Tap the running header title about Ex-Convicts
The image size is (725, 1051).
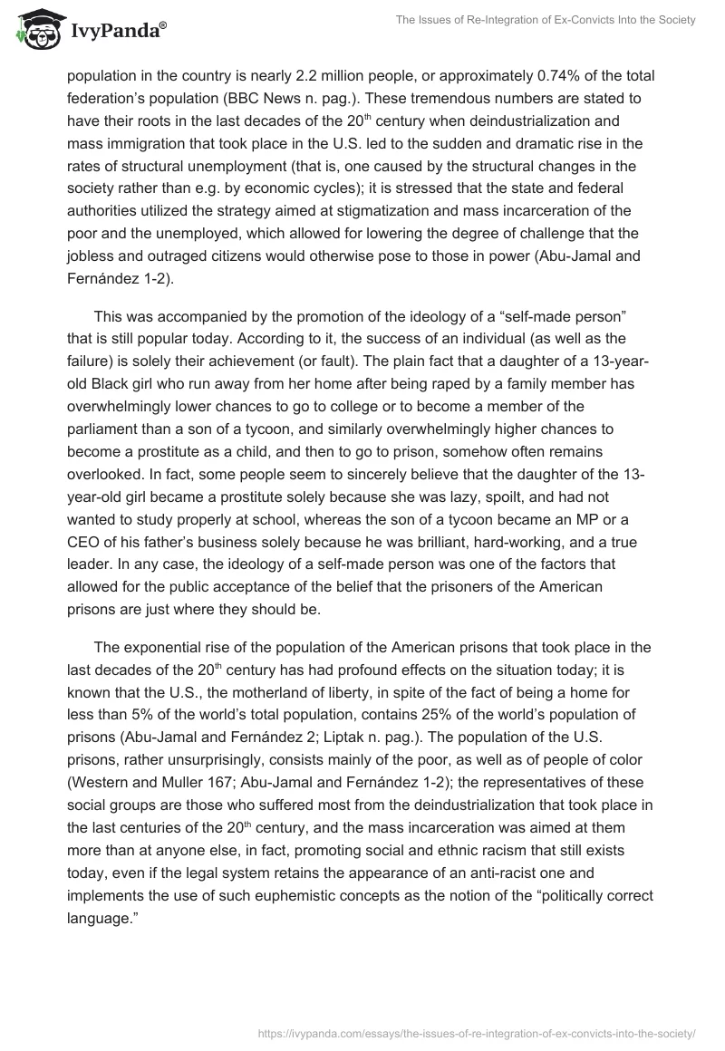click(545, 20)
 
